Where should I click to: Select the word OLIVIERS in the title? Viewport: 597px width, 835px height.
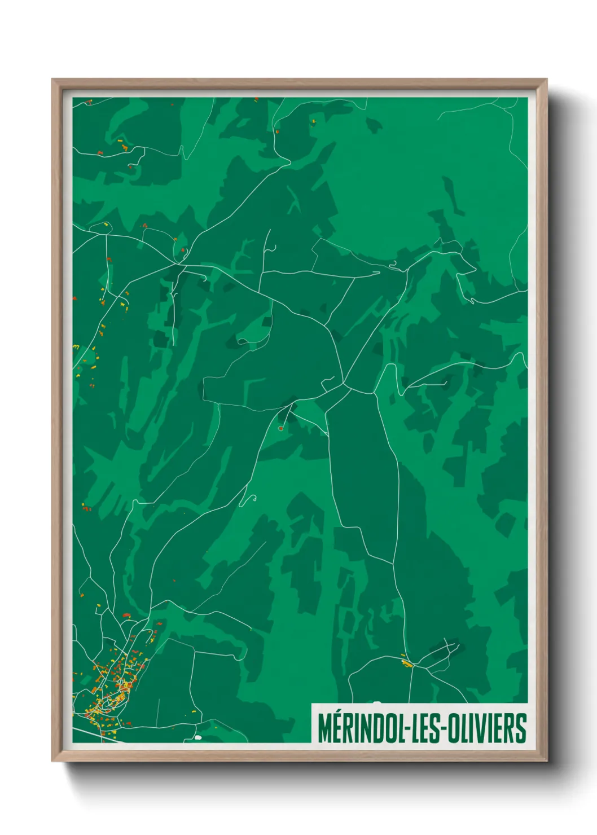pyautogui.click(x=488, y=728)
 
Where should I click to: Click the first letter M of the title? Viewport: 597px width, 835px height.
pyautogui.click(x=326, y=728)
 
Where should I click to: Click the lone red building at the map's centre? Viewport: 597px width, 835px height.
pyautogui.click(x=280, y=428)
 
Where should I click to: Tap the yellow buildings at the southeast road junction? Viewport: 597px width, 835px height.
pyautogui.click(x=405, y=662)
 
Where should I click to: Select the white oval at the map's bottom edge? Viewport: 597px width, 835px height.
pyautogui.click(x=198, y=737)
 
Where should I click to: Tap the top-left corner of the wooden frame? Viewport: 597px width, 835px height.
pyautogui.click(x=52, y=79)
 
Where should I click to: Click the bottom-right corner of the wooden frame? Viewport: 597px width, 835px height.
pyautogui.click(x=546, y=761)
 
